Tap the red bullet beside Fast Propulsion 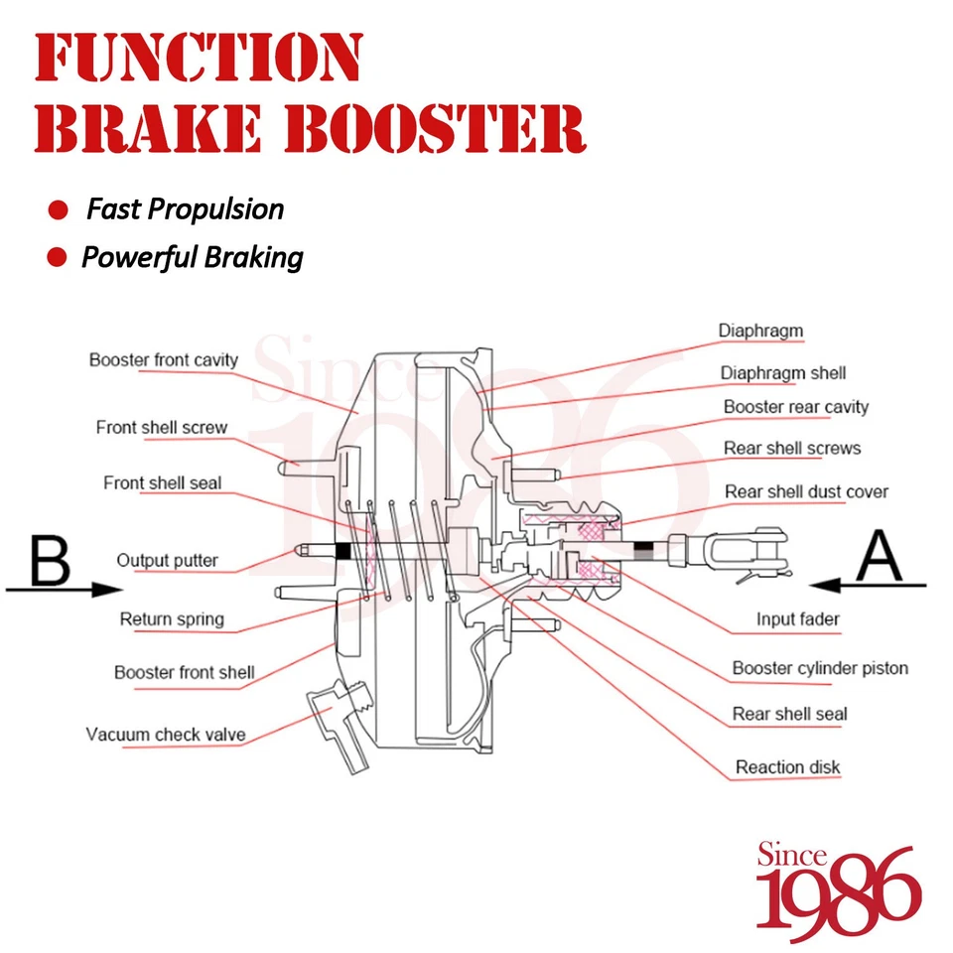tap(59, 210)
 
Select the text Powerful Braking tap(192, 258)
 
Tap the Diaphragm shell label tap(782, 373)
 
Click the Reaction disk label tap(787, 767)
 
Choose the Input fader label tap(797, 619)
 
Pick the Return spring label tap(172, 619)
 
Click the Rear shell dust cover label tap(806, 491)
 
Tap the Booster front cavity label tap(164, 359)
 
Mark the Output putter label tap(167, 561)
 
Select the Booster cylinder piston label tap(820, 668)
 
